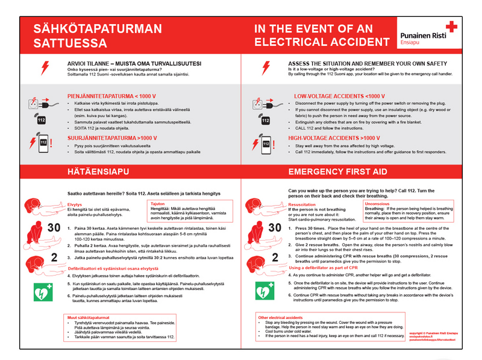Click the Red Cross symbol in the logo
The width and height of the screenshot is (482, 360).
[451, 27]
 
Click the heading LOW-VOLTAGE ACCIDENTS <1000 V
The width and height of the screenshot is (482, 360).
[339, 96]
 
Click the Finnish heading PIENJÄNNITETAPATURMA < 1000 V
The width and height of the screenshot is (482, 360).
[111, 96]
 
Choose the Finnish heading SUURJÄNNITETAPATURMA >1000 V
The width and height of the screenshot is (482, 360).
[111, 137]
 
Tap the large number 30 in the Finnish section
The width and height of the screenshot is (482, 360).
[37, 228]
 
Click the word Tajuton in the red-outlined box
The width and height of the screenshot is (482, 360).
[158, 204]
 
